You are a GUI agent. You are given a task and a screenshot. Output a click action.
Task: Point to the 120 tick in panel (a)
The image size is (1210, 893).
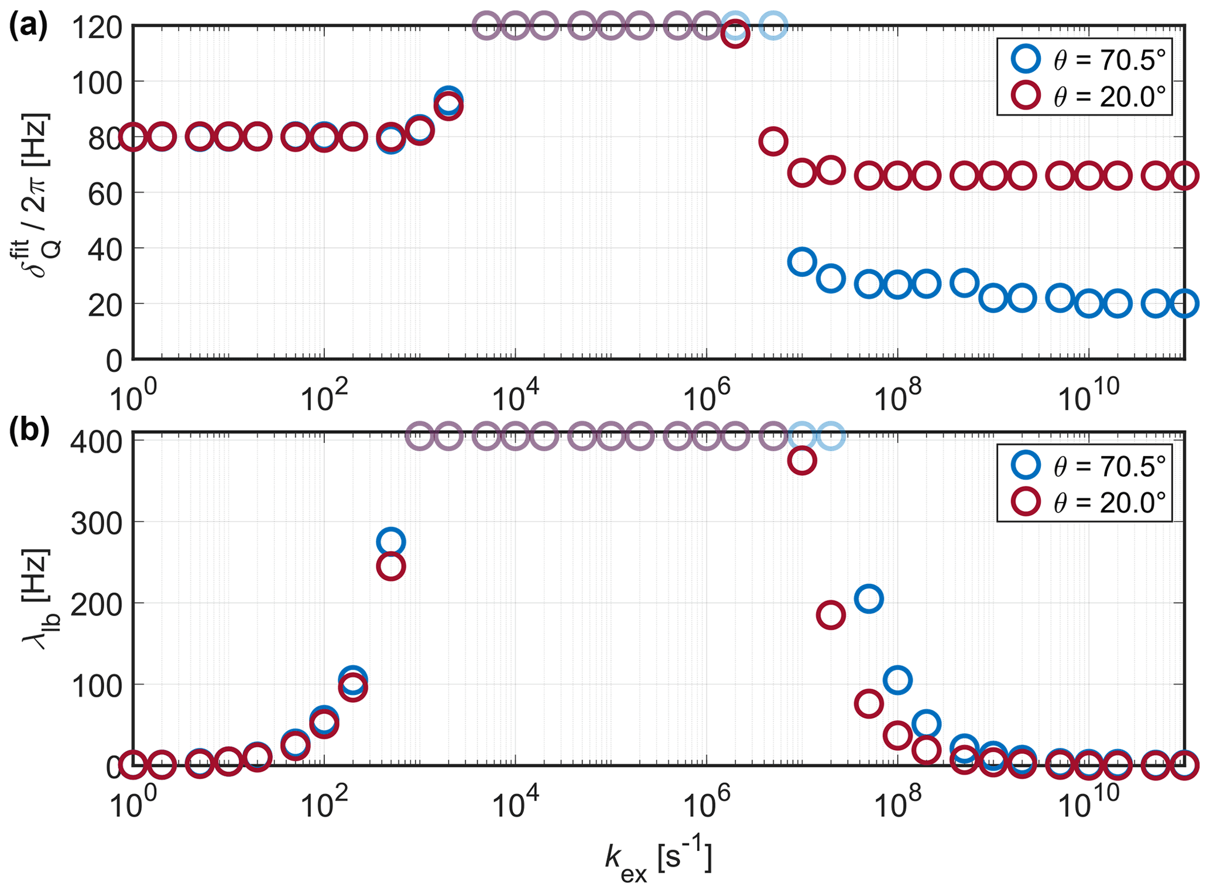(97, 26)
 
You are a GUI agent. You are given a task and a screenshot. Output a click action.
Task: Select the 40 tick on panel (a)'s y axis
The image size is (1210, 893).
(105, 248)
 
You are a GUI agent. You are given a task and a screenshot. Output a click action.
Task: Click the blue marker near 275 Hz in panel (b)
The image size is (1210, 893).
(392, 542)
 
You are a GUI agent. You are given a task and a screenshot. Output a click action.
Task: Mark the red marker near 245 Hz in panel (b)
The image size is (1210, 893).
(392, 566)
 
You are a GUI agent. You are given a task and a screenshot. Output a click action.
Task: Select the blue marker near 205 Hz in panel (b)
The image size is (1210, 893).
(869, 598)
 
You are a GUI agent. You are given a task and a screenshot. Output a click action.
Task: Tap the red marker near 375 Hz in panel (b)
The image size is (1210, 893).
(802, 461)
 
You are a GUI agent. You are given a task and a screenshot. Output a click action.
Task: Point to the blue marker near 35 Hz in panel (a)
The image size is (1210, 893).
(802, 262)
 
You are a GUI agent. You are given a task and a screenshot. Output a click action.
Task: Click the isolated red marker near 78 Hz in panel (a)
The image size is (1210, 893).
(773, 142)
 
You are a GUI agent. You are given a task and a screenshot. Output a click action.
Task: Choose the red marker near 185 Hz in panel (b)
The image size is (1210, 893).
(830, 615)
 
